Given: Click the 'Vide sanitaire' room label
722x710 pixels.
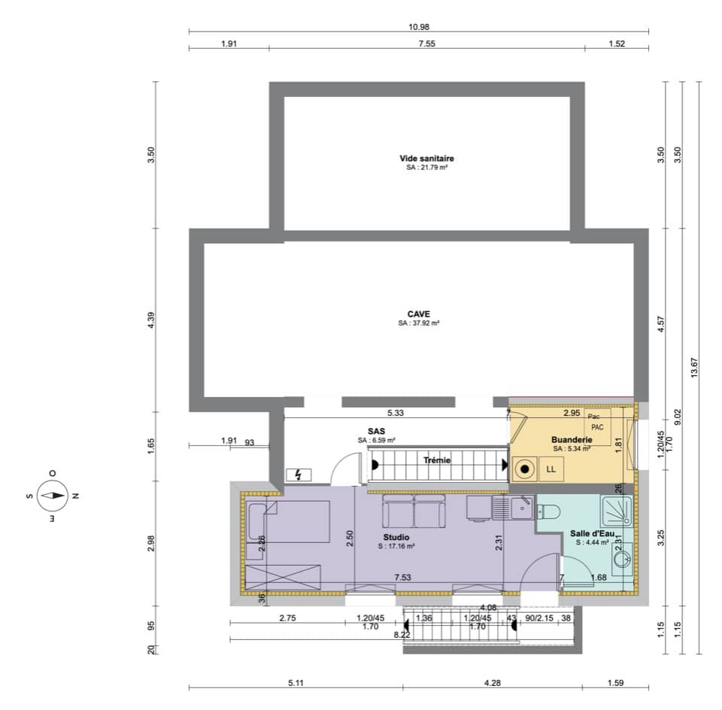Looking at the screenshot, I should pos(426,159).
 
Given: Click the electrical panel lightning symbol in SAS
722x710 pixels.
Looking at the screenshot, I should pos(299,475).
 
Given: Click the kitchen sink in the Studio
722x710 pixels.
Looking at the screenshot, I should pos(520,509).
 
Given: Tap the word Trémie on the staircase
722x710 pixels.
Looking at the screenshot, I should pos(436,460).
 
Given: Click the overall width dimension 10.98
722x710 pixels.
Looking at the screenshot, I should pos(419,26).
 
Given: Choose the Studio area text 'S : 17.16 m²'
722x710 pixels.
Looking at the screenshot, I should pos(396,547).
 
